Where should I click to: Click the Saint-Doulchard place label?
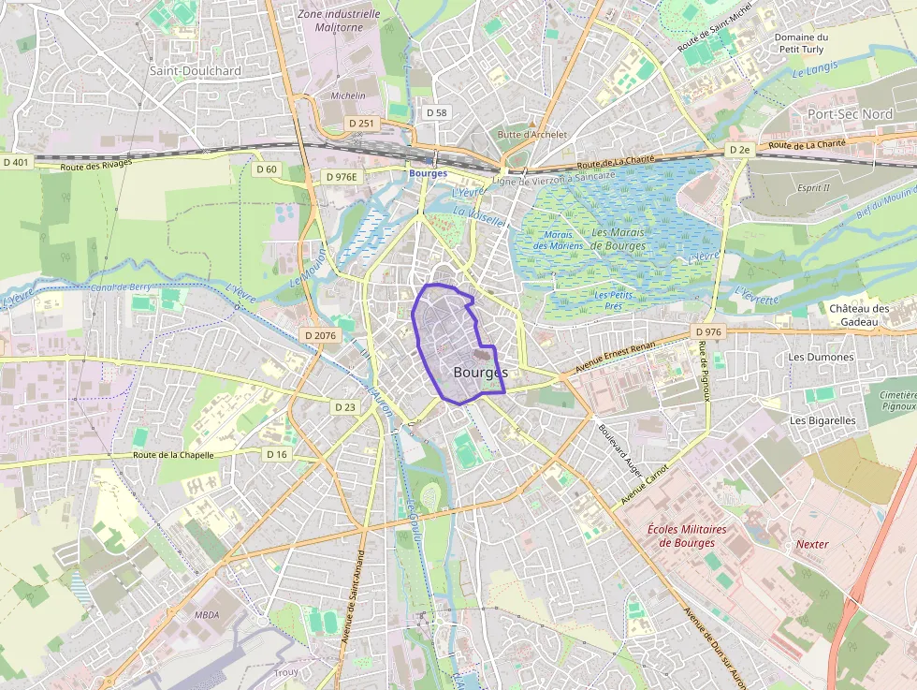point(196,70)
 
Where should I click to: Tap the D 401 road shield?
point(17,162)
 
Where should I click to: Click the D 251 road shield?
point(360,124)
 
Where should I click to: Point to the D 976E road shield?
point(342,176)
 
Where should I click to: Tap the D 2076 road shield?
point(320,334)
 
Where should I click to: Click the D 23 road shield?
point(345,406)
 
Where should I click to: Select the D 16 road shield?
point(277,454)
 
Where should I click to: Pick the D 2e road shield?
point(740,150)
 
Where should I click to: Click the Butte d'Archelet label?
point(532,134)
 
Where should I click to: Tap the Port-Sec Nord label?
point(850,113)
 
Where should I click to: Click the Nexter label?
point(812,544)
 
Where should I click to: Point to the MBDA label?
point(207,615)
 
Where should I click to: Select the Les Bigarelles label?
point(822,420)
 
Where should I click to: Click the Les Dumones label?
point(821,357)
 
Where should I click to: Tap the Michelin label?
point(348,95)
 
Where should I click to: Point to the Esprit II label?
point(813,187)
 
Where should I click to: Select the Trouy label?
point(284,672)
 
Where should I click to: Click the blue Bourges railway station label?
point(428,173)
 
